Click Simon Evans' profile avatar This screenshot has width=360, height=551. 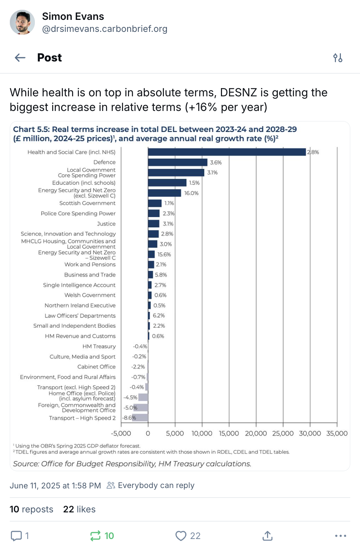pos(22,22)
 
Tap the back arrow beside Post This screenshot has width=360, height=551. pos(20,58)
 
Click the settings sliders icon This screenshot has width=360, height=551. pos(338,58)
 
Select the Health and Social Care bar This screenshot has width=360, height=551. pos(227,152)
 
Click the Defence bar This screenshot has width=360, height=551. pos(178,162)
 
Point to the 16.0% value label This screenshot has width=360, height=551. pos(191,193)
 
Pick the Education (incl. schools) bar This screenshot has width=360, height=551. pos(167,183)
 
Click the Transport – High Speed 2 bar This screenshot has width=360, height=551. pos(140,418)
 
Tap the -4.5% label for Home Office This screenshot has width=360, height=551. pos(130,397)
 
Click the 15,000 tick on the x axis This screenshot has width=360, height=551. pos(229,433)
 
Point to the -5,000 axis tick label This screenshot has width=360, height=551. pos(121,433)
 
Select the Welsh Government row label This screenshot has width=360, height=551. pos(90,295)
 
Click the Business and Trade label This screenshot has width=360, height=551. pos(90,274)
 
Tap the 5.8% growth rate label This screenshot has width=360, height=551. pos(160,275)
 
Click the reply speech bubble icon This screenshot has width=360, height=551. pos(16,536)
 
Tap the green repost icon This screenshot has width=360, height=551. pos(95,536)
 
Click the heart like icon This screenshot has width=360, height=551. pos(181,536)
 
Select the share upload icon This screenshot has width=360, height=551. pos(267,536)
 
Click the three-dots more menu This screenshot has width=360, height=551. pos(340,536)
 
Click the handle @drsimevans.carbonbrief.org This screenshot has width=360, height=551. pos(105,29)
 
